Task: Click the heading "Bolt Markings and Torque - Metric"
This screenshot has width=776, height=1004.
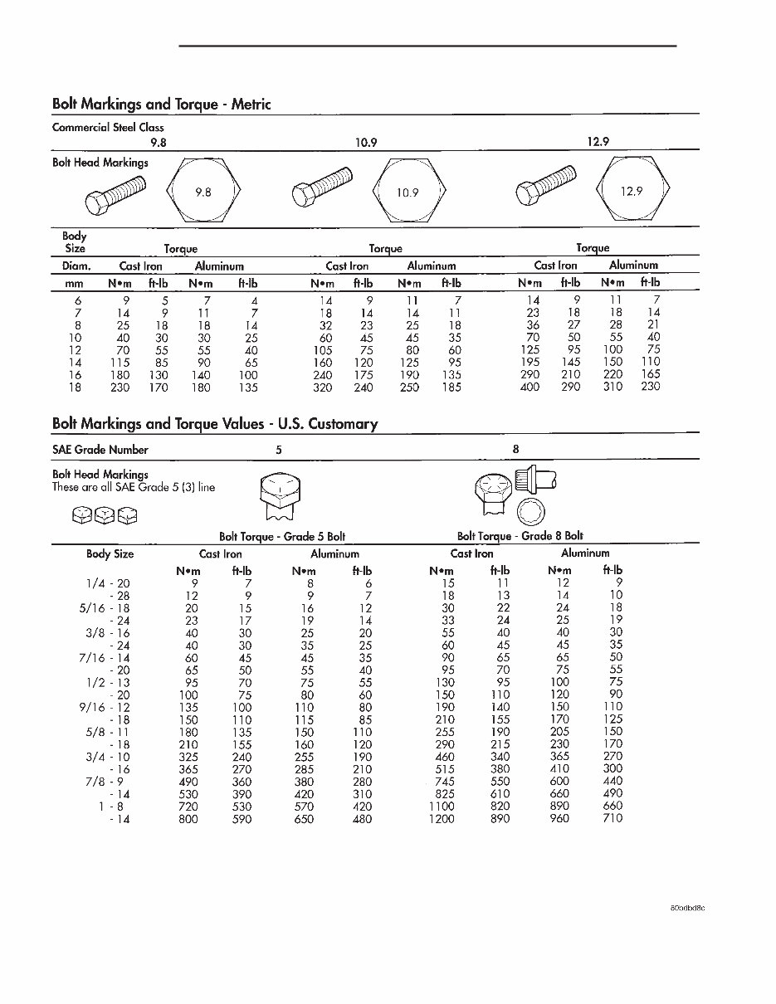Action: pos(161,105)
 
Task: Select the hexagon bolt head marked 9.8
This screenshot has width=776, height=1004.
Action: pos(204,192)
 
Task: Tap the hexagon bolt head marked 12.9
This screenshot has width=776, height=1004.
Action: pos(632,192)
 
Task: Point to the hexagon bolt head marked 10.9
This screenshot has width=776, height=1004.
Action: pos(408,193)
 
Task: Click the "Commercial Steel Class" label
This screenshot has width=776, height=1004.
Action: pos(108,128)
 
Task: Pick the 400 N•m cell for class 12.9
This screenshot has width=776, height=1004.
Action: pos(529,387)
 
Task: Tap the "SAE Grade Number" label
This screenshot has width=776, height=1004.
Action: pos(100,450)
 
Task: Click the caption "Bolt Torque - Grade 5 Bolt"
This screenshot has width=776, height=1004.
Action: pos(282,537)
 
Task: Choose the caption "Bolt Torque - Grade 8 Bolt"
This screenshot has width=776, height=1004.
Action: pos(520,536)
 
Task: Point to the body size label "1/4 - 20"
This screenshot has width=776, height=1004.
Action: pos(109,583)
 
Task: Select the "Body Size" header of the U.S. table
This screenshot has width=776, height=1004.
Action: pos(110,554)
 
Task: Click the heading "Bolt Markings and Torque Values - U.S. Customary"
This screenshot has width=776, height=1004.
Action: pos(215,424)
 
